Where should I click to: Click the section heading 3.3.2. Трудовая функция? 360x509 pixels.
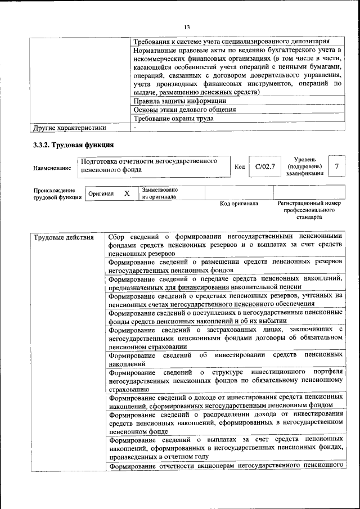point(74,145)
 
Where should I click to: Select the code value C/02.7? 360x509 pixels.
point(264,166)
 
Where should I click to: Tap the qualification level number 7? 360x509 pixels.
point(336,166)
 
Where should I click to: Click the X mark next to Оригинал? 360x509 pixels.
point(127,193)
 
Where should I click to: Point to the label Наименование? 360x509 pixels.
point(52,168)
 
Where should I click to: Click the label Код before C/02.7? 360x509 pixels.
point(240,167)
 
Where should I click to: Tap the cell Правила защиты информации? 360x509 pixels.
point(179,101)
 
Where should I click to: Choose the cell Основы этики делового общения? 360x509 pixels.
point(184,110)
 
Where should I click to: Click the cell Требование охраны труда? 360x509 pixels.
point(173,119)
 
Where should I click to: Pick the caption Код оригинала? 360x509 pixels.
point(238,204)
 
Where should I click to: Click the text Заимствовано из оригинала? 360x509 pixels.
point(160,193)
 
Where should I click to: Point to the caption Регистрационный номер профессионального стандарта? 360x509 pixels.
point(309,210)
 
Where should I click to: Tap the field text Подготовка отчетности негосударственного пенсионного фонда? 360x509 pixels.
point(149,165)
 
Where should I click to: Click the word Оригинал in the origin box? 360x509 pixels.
point(101,193)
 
